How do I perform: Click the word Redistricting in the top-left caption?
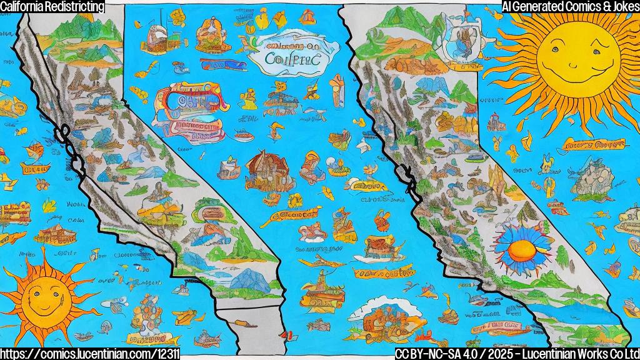(74, 6)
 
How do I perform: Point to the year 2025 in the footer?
(492, 354)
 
